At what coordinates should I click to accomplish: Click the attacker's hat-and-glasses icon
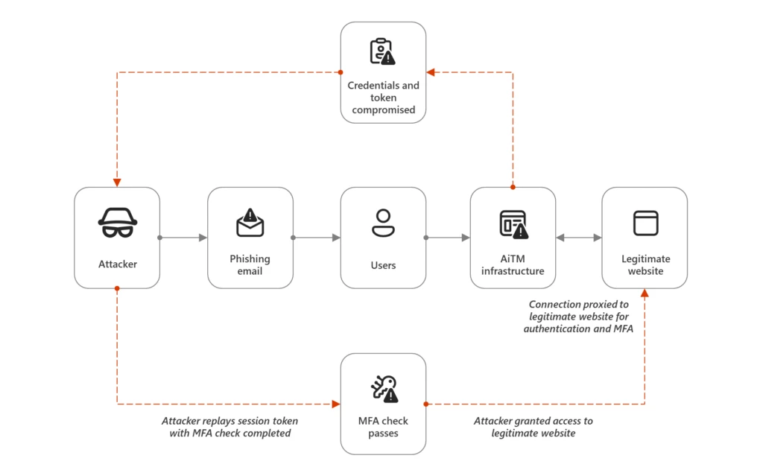(x=117, y=223)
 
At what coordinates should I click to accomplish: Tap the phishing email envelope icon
(x=250, y=223)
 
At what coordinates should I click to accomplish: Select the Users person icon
(x=383, y=223)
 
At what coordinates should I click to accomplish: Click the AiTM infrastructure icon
(x=513, y=224)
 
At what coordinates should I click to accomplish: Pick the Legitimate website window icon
(x=645, y=223)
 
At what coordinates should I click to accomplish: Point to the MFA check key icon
(x=384, y=388)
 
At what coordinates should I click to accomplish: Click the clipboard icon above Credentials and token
(x=383, y=51)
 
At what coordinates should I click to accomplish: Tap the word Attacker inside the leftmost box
(x=118, y=264)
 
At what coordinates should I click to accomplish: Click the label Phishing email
(x=250, y=264)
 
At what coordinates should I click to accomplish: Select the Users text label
(x=383, y=265)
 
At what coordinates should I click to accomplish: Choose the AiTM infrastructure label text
(x=513, y=264)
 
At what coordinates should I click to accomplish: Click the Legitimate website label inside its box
(x=645, y=264)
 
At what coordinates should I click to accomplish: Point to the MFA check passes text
(x=383, y=427)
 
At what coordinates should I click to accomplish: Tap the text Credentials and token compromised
(x=384, y=98)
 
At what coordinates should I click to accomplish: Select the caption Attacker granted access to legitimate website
(x=534, y=427)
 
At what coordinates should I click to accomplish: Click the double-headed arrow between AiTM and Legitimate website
(x=579, y=238)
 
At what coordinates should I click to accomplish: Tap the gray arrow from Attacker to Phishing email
(x=183, y=238)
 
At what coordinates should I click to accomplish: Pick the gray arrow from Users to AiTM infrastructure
(x=448, y=238)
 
